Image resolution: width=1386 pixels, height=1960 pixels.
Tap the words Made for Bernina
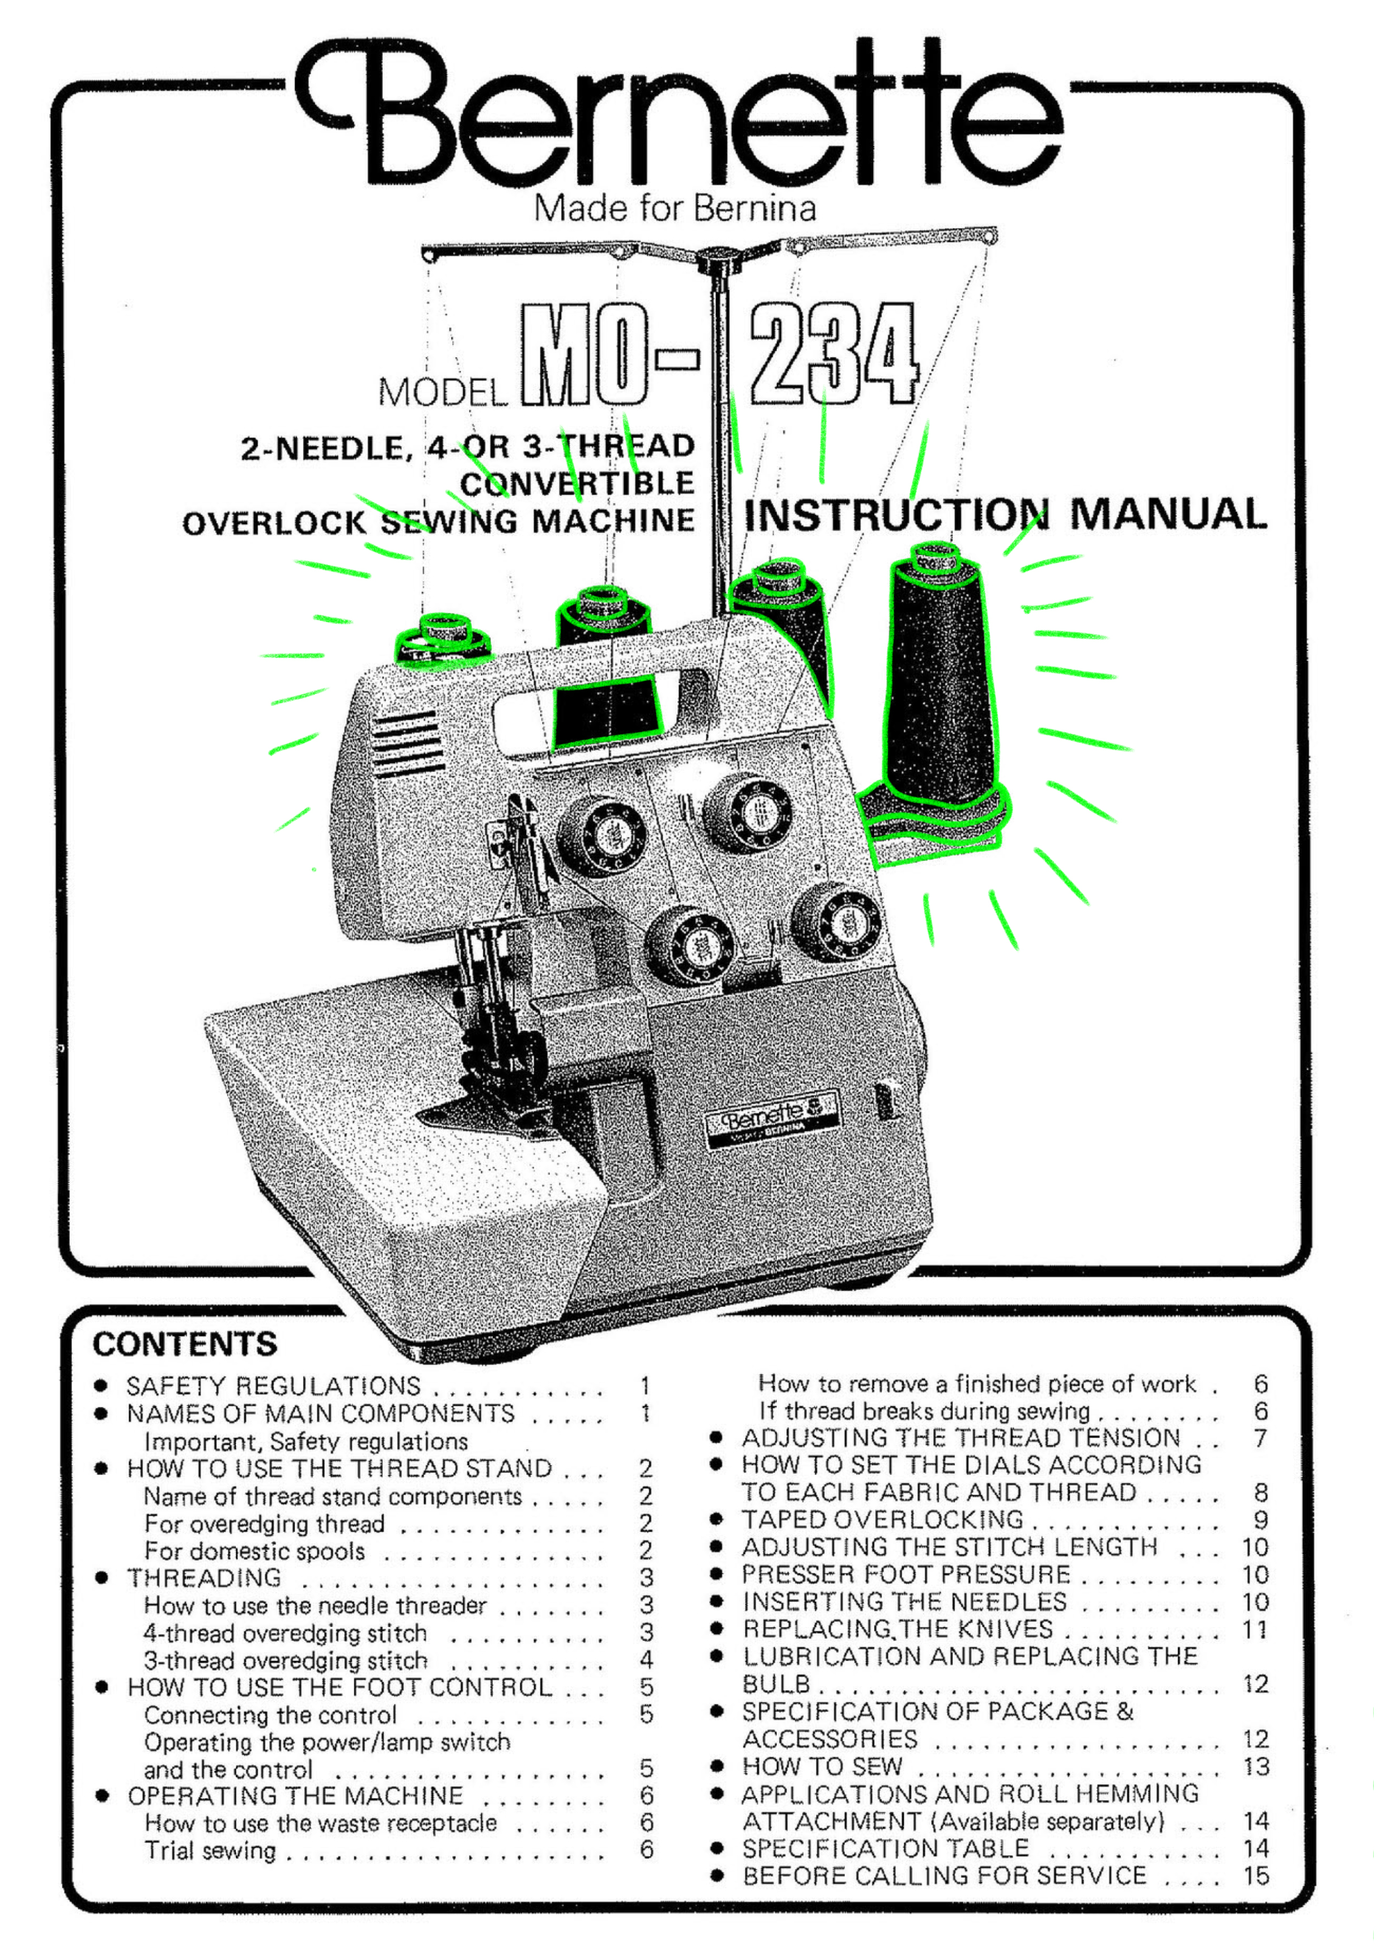(675, 208)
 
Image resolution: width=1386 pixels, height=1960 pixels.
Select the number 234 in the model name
(833, 354)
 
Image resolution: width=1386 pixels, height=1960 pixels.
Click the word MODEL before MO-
(443, 393)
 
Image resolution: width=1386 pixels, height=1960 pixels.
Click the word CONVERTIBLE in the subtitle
(577, 484)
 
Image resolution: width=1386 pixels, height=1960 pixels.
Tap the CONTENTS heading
(186, 1344)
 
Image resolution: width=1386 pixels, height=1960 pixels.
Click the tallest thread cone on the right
(939, 683)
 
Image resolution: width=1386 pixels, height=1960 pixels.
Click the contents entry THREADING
(204, 1578)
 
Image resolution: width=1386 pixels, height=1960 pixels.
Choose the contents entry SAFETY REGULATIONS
(273, 1386)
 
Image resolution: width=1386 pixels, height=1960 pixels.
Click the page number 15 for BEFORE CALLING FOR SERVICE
(1256, 1876)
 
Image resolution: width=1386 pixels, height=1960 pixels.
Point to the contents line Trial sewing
(210, 1850)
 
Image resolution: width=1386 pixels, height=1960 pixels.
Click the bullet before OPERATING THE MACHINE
(102, 1795)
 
